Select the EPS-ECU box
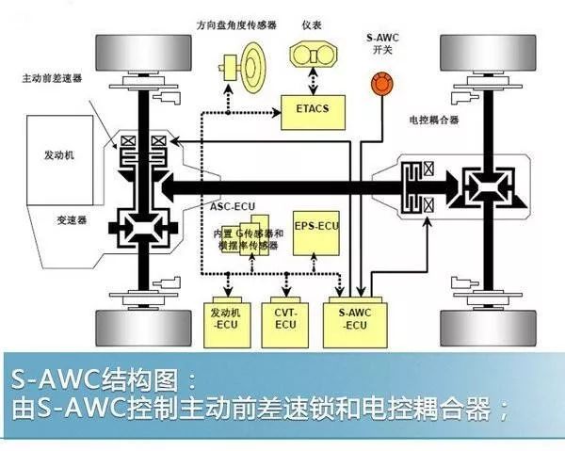315,227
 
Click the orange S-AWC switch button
381,86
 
